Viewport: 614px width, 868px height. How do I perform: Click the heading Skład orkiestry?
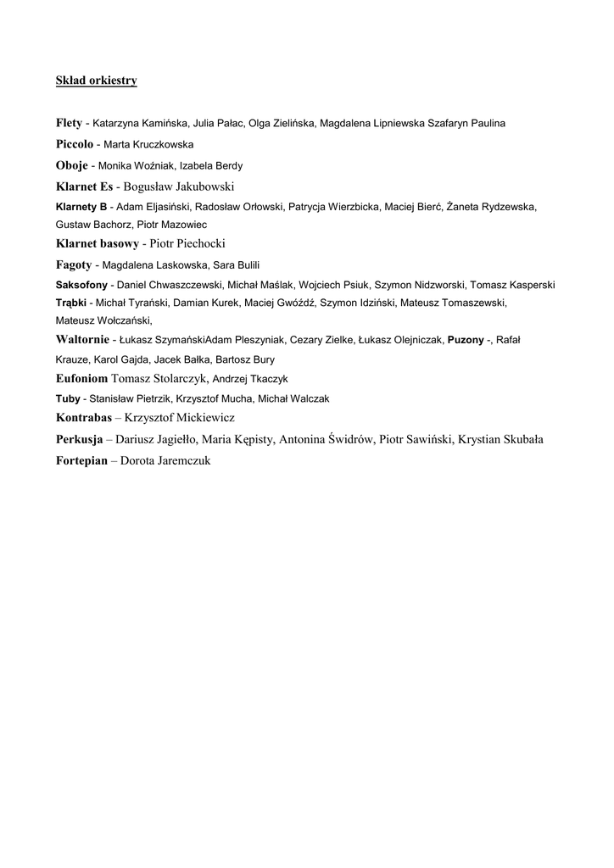tap(96, 81)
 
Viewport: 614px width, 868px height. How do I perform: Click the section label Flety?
tap(69, 123)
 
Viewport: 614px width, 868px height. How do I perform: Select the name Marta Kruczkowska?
tap(148, 145)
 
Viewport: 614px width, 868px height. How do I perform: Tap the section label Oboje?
tap(71, 165)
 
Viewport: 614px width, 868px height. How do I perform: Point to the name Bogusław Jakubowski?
tap(178, 186)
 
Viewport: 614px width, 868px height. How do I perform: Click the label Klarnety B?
tap(81, 207)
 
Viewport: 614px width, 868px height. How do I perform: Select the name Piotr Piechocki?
tap(187, 244)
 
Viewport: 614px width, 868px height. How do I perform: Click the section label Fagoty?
tap(74, 264)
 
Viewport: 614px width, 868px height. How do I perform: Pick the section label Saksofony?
tap(82, 285)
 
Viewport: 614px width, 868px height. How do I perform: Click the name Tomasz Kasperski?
tap(512, 285)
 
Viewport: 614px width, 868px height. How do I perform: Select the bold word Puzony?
tap(466, 340)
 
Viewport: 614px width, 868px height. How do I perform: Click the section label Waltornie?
tap(82, 339)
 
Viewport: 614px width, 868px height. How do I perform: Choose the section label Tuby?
tap(68, 398)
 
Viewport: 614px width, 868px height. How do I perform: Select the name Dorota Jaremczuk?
tap(165, 461)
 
